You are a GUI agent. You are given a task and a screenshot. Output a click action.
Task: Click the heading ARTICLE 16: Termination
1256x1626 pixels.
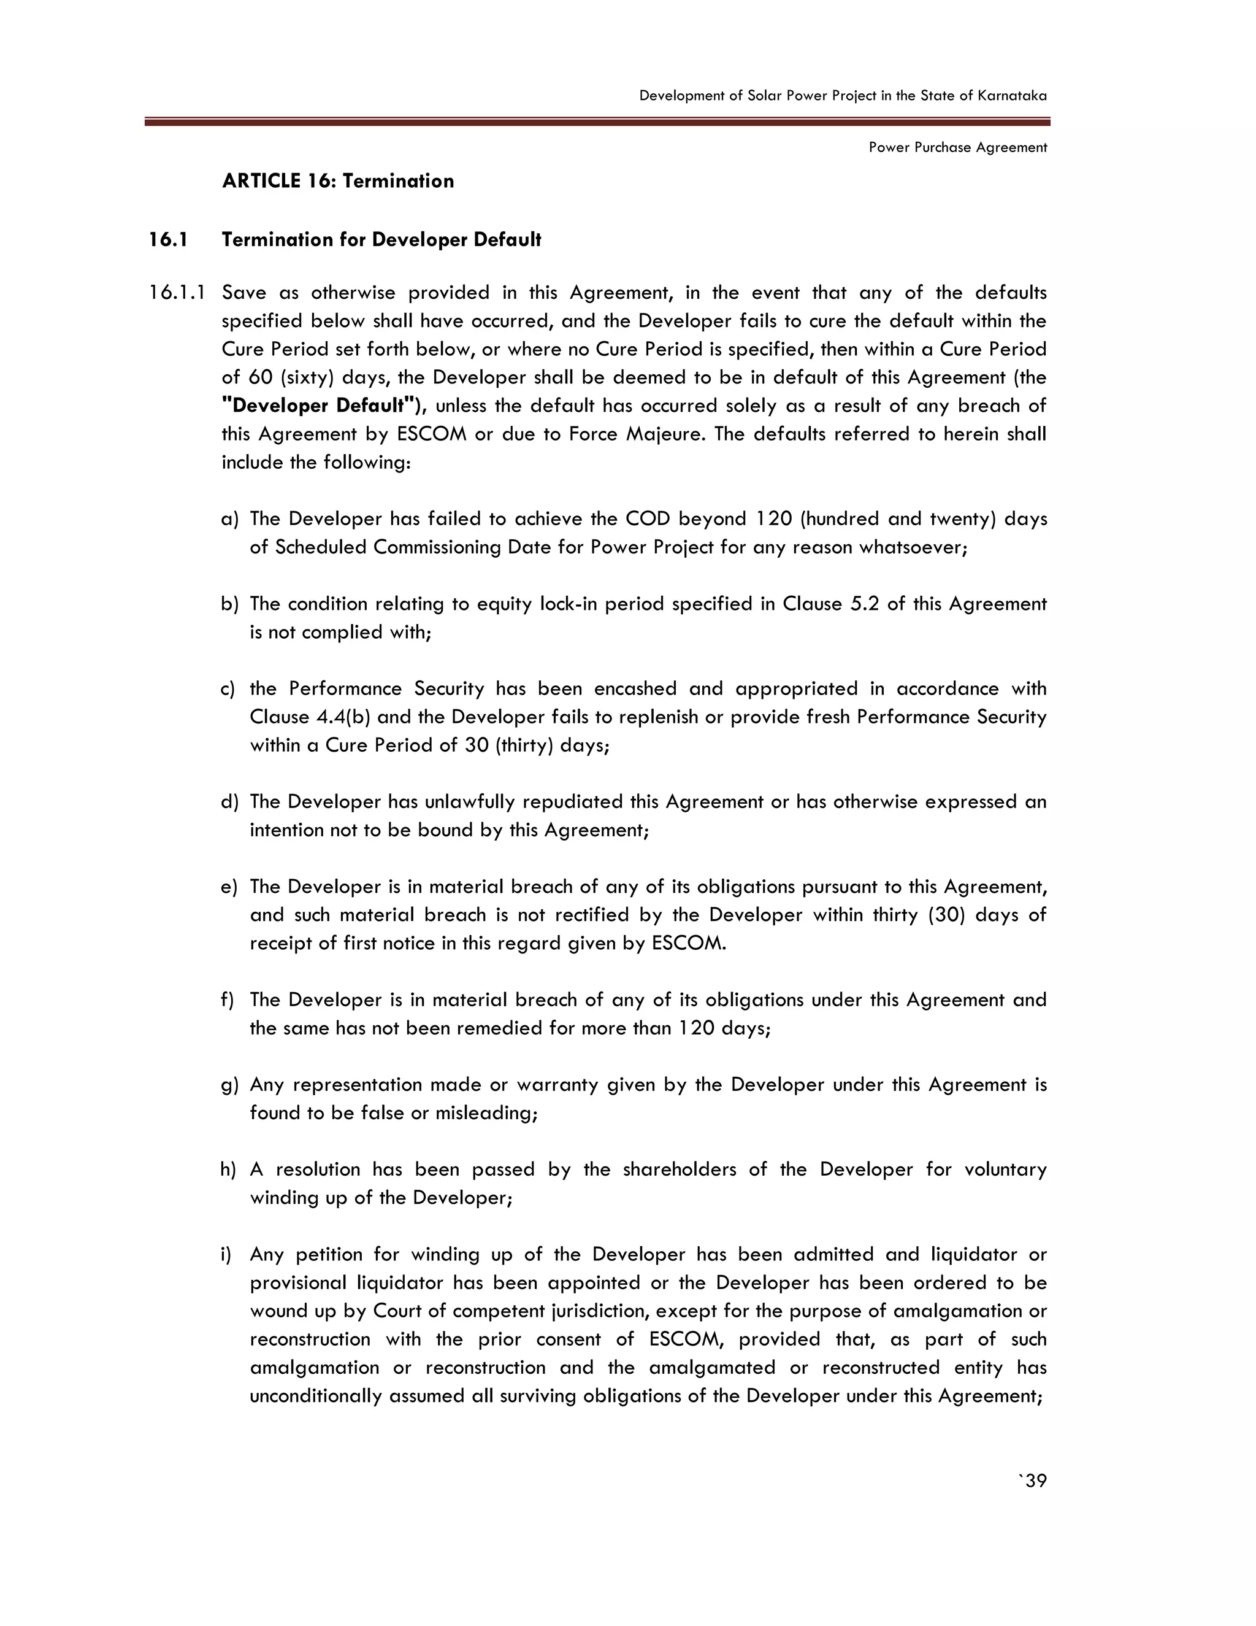[x=338, y=181]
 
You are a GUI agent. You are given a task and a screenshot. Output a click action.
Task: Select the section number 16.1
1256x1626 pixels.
[x=167, y=240]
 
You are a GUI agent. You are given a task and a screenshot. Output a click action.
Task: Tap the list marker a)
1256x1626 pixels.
[x=230, y=519]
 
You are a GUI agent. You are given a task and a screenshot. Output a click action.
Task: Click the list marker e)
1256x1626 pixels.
[x=229, y=887]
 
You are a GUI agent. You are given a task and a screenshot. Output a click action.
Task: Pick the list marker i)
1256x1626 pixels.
[x=226, y=1255]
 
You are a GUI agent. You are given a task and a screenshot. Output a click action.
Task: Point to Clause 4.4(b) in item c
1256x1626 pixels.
[x=310, y=717]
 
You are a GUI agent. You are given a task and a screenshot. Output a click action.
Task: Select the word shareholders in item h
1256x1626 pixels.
[x=680, y=1169]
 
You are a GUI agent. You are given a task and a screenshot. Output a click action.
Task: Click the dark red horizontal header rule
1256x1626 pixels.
[x=597, y=121]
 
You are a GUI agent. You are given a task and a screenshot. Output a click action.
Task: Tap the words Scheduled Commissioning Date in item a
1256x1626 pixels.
[x=429, y=547]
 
